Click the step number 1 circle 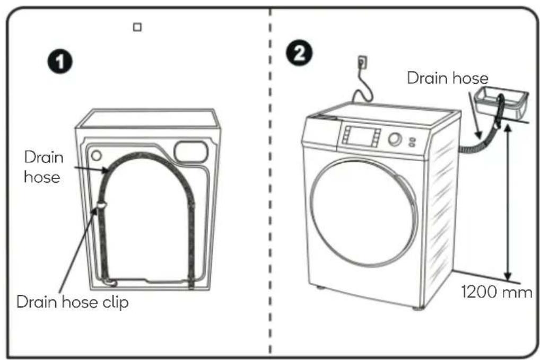(60, 62)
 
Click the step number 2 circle (299, 54)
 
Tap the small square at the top (137, 27)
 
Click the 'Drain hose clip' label (72, 302)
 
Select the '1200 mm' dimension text (497, 292)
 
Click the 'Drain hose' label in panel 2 (448, 78)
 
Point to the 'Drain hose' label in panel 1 (43, 167)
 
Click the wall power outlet (362, 63)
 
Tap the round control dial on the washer (395, 139)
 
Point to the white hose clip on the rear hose (102, 205)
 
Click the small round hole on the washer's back (97, 155)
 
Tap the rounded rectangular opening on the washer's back (191, 152)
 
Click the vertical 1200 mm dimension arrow (507, 202)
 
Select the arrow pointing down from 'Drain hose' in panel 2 (474, 115)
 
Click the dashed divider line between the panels (271, 182)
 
